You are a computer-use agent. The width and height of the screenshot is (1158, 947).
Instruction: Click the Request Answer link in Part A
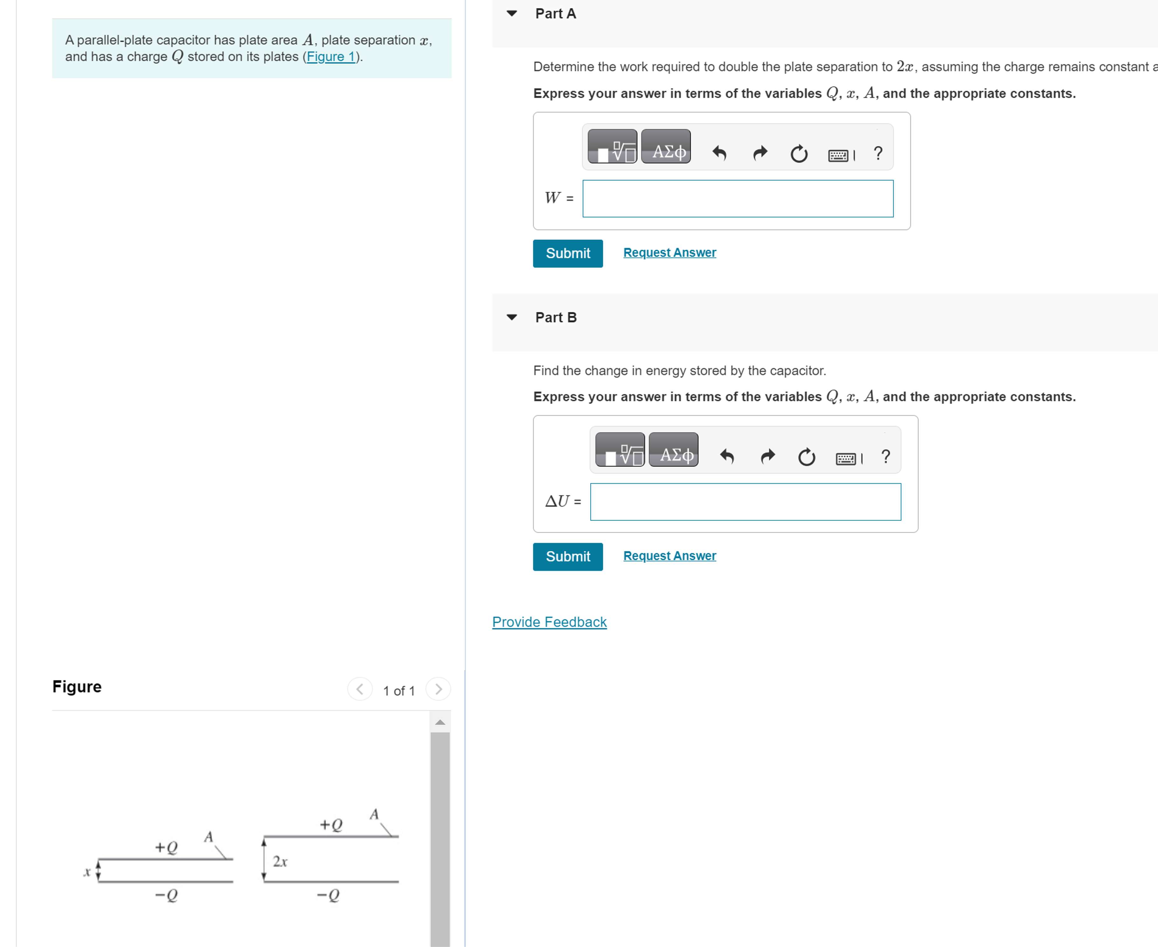click(x=669, y=253)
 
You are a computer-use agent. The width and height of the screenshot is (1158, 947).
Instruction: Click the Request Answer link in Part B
click(x=669, y=556)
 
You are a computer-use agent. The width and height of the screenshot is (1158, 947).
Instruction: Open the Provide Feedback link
click(x=549, y=622)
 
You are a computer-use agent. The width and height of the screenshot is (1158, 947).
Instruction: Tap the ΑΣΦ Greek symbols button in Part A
click(x=666, y=147)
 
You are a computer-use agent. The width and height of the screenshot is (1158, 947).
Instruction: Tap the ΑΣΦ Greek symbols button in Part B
click(x=673, y=450)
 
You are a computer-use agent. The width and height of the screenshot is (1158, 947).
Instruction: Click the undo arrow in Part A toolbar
click(x=719, y=153)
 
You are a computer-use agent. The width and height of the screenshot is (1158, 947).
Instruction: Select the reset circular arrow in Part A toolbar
click(x=799, y=154)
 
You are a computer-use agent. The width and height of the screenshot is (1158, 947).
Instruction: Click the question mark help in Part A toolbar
click(x=877, y=153)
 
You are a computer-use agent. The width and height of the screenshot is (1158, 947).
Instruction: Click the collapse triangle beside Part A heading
click(x=511, y=14)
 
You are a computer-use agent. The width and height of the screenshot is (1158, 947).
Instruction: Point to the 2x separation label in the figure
click(x=280, y=861)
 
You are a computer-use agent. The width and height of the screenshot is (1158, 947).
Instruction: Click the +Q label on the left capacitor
click(x=166, y=847)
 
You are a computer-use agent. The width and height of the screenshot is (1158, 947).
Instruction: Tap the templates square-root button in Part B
click(x=620, y=450)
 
